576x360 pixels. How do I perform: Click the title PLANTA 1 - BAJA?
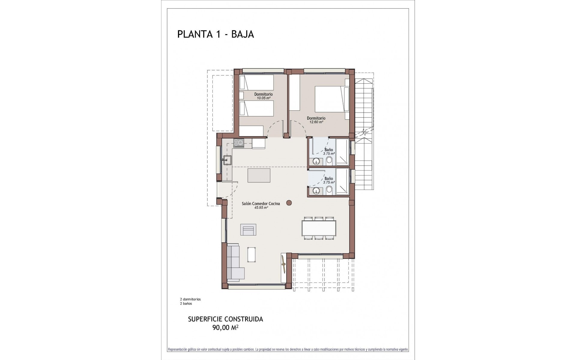pyautogui.click(x=215, y=34)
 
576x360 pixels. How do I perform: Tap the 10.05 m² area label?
pyautogui.click(x=263, y=98)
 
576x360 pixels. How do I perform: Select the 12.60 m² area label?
pyautogui.click(x=316, y=122)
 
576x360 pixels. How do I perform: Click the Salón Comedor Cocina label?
pyautogui.click(x=261, y=203)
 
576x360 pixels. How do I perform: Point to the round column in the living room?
pyautogui.click(x=289, y=203)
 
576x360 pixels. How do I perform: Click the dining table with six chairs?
pyautogui.click(x=319, y=228)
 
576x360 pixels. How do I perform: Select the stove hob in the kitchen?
pyautogui.click(x=239, y=143)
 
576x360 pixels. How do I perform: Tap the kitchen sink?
pyautogui.click(x=227, y=160)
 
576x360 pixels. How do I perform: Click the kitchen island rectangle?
pyautogui.click(x=259, y=175)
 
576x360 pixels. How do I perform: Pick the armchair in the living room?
pyautogui.click(x=248, y=230)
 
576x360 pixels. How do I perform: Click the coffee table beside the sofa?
pyautogui.click(x=251, y=255)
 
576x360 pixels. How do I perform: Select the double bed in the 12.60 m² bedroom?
pyautogui.click(x=329, y=99)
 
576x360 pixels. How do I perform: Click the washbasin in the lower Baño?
pyautogui.click(x=316, y=191)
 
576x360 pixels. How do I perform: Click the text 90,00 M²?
pyautogui.click(x=225, y=328)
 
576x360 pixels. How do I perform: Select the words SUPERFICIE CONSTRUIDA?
pyautogui.click(x=225, y=319)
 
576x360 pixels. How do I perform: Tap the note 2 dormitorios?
pyautogui.click(x=190, y=299)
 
